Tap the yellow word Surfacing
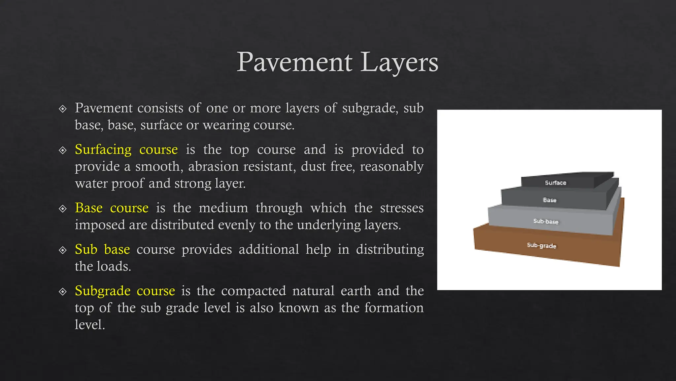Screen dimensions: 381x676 point(103,149)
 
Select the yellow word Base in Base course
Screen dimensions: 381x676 point(88,208)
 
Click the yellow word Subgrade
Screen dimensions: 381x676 point(102,291)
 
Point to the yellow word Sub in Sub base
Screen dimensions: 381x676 point(86,249)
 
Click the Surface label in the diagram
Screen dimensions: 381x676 point(556,183)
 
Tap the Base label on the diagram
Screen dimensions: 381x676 point(550,200)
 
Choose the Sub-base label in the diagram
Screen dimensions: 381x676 point(546,221)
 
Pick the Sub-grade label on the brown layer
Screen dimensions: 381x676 point(542,245)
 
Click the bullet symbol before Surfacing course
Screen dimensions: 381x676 point(62,150)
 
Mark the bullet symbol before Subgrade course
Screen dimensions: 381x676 point(62,292)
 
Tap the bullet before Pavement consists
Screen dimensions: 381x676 point(62,109)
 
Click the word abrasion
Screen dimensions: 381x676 point(213,166)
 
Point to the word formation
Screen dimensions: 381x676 point(394,308)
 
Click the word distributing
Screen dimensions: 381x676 point(390,249)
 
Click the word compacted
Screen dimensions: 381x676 point(253,291)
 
